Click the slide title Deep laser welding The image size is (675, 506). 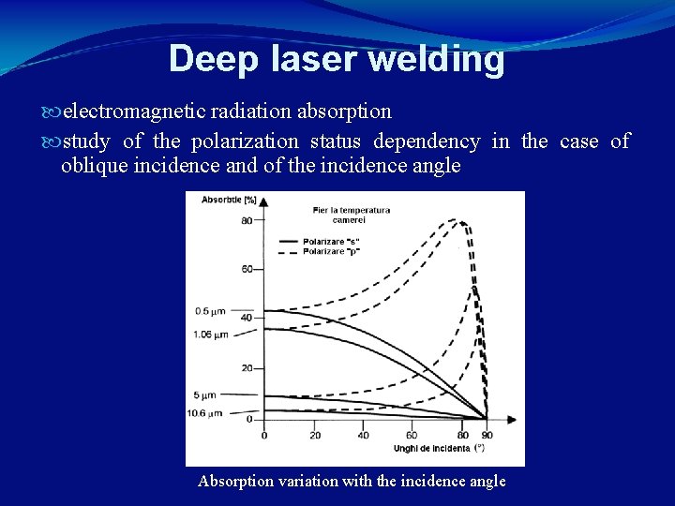click(x=337, y=59)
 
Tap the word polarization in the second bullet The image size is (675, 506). click(x=245, y=141)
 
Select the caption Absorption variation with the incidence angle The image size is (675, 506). click(x=352, y=482)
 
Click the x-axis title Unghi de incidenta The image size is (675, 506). click(x=431, y=448)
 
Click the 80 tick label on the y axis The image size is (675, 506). click(x=247, y=221)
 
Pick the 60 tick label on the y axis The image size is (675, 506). click(x=247, y=270)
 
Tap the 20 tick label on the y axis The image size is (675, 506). click(x=247, y=368)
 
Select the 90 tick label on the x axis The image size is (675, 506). click(x=486, y=435)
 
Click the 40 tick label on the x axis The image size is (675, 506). click(x=363, y=435)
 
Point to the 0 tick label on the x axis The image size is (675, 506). click(x=263, y=435)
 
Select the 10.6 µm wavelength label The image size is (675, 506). click(x=205, y=412)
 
